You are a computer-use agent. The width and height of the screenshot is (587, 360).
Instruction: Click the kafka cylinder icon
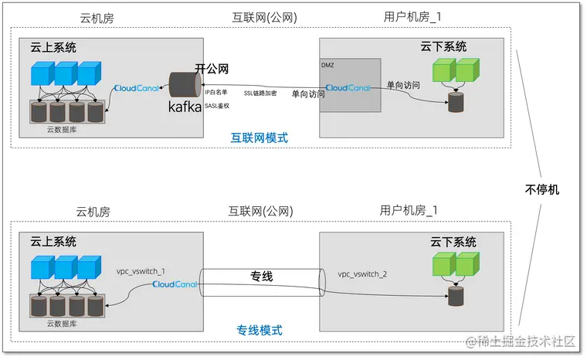coord(185,83)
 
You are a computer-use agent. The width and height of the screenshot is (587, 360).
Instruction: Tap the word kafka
coord(185,107)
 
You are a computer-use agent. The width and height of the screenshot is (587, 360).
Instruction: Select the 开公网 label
coord(212,69)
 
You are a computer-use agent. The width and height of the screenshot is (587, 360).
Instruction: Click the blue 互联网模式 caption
coord(259,138)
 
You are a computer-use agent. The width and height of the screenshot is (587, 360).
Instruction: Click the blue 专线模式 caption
coord(259,330)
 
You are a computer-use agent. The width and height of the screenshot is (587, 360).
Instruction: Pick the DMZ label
coord(327,65)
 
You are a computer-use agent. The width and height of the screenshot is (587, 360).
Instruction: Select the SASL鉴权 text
coord(219,106)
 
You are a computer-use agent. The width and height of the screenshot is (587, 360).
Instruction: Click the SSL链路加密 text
coord(260,93)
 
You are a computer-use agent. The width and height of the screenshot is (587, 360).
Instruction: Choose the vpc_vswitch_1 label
coord(141,271)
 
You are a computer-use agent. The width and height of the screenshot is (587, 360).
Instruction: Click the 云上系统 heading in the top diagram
coord(50,48)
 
